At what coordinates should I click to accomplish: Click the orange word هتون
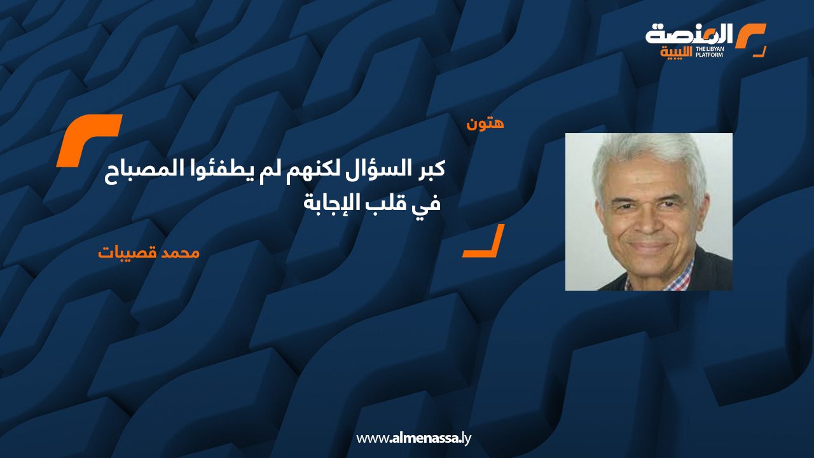[485, 123]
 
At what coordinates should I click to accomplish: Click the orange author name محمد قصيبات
[149, 253]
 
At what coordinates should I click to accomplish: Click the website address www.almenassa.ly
[413, 438]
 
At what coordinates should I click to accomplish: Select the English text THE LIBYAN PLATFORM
[709, 52]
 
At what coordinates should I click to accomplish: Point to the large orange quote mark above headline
[89, 141]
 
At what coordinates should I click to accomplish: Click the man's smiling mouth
[649, 247]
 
